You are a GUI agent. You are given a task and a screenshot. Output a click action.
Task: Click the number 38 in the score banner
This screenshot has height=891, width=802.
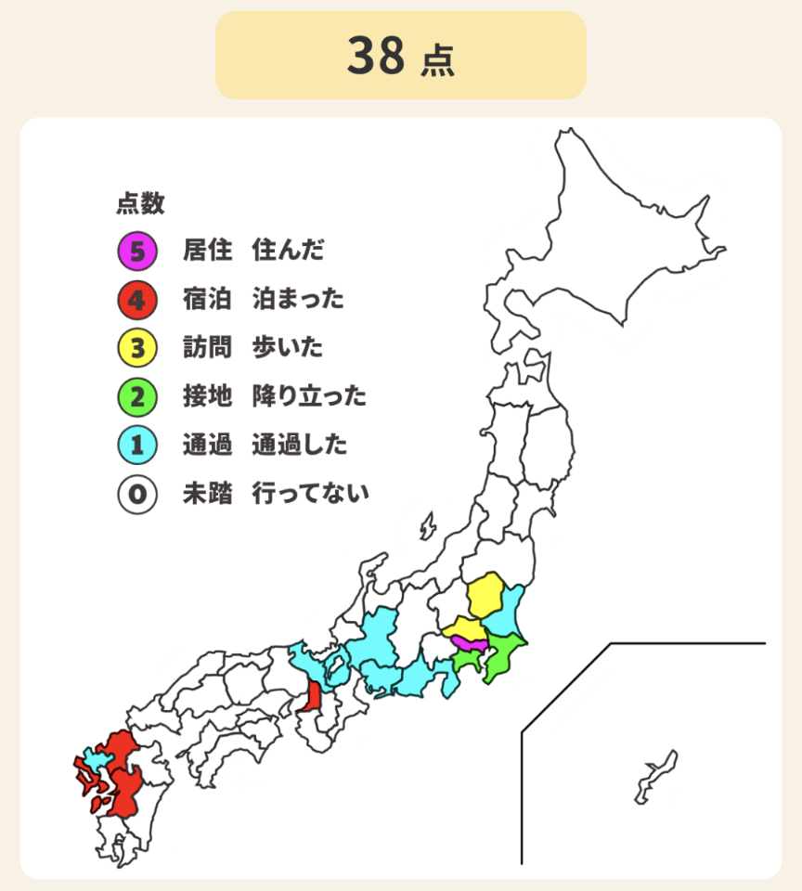[377, 56]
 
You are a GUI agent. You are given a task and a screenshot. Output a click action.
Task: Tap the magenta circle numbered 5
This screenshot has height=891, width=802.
[136, 250]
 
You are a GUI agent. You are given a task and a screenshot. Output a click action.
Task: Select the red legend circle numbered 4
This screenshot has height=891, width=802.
[136, 299]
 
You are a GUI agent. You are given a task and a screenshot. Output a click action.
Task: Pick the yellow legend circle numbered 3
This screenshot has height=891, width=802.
[136, 348]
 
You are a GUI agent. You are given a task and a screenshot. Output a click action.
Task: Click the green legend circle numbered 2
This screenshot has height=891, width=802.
[136, 397]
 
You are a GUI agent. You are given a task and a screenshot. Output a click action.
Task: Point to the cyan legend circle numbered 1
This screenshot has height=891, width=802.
[136, 445]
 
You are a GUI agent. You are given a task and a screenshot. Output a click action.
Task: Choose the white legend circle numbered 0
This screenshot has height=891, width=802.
[136, 495]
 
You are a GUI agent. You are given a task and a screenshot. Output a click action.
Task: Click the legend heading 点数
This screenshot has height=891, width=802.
[140, 203]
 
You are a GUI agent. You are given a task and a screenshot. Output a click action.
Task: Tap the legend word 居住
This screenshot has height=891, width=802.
[207, 250]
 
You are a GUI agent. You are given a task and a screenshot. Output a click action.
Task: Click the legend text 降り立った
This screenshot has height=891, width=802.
[309, 397]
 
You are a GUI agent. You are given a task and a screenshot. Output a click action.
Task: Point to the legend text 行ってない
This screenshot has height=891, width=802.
[310, 495]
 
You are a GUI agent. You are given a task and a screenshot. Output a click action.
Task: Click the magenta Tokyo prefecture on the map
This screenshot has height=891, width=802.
[470, 642]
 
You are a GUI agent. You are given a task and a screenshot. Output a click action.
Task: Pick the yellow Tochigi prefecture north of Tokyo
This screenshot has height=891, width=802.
[485, 597]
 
